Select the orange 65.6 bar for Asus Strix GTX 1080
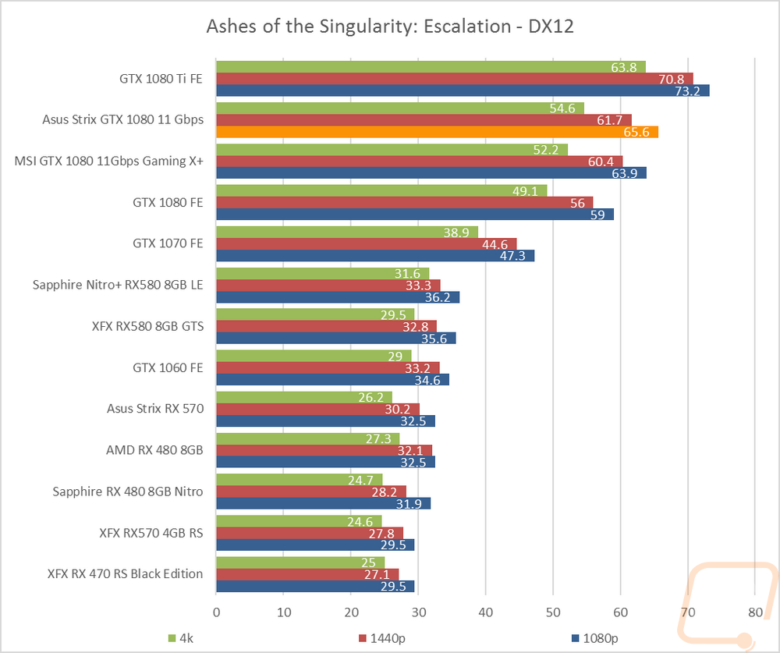point(437,132)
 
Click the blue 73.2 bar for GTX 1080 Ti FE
point(463,90)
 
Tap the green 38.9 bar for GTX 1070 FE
point(346,232)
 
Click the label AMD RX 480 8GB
point(154,450)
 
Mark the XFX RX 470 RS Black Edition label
point(125,573)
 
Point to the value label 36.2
point(440,297)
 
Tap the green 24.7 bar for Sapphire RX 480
point(299,479)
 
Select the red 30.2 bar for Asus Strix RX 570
point(317,409)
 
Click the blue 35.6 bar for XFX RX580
point(335,338)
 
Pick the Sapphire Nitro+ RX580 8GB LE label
point(118,285)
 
